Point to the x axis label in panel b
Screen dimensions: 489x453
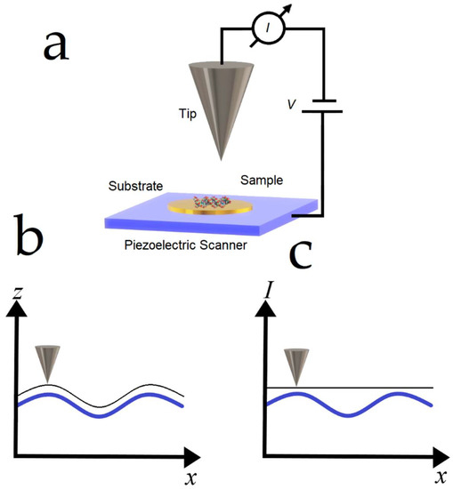190,479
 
